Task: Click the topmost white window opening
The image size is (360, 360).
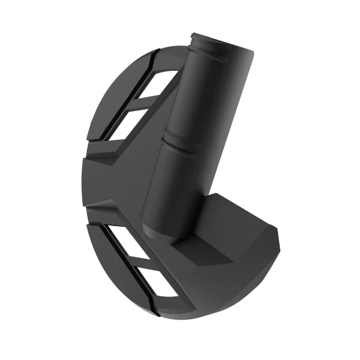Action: (163, 83)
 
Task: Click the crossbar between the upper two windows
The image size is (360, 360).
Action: (153, 102)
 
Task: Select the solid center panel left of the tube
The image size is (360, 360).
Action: (120, 180)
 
